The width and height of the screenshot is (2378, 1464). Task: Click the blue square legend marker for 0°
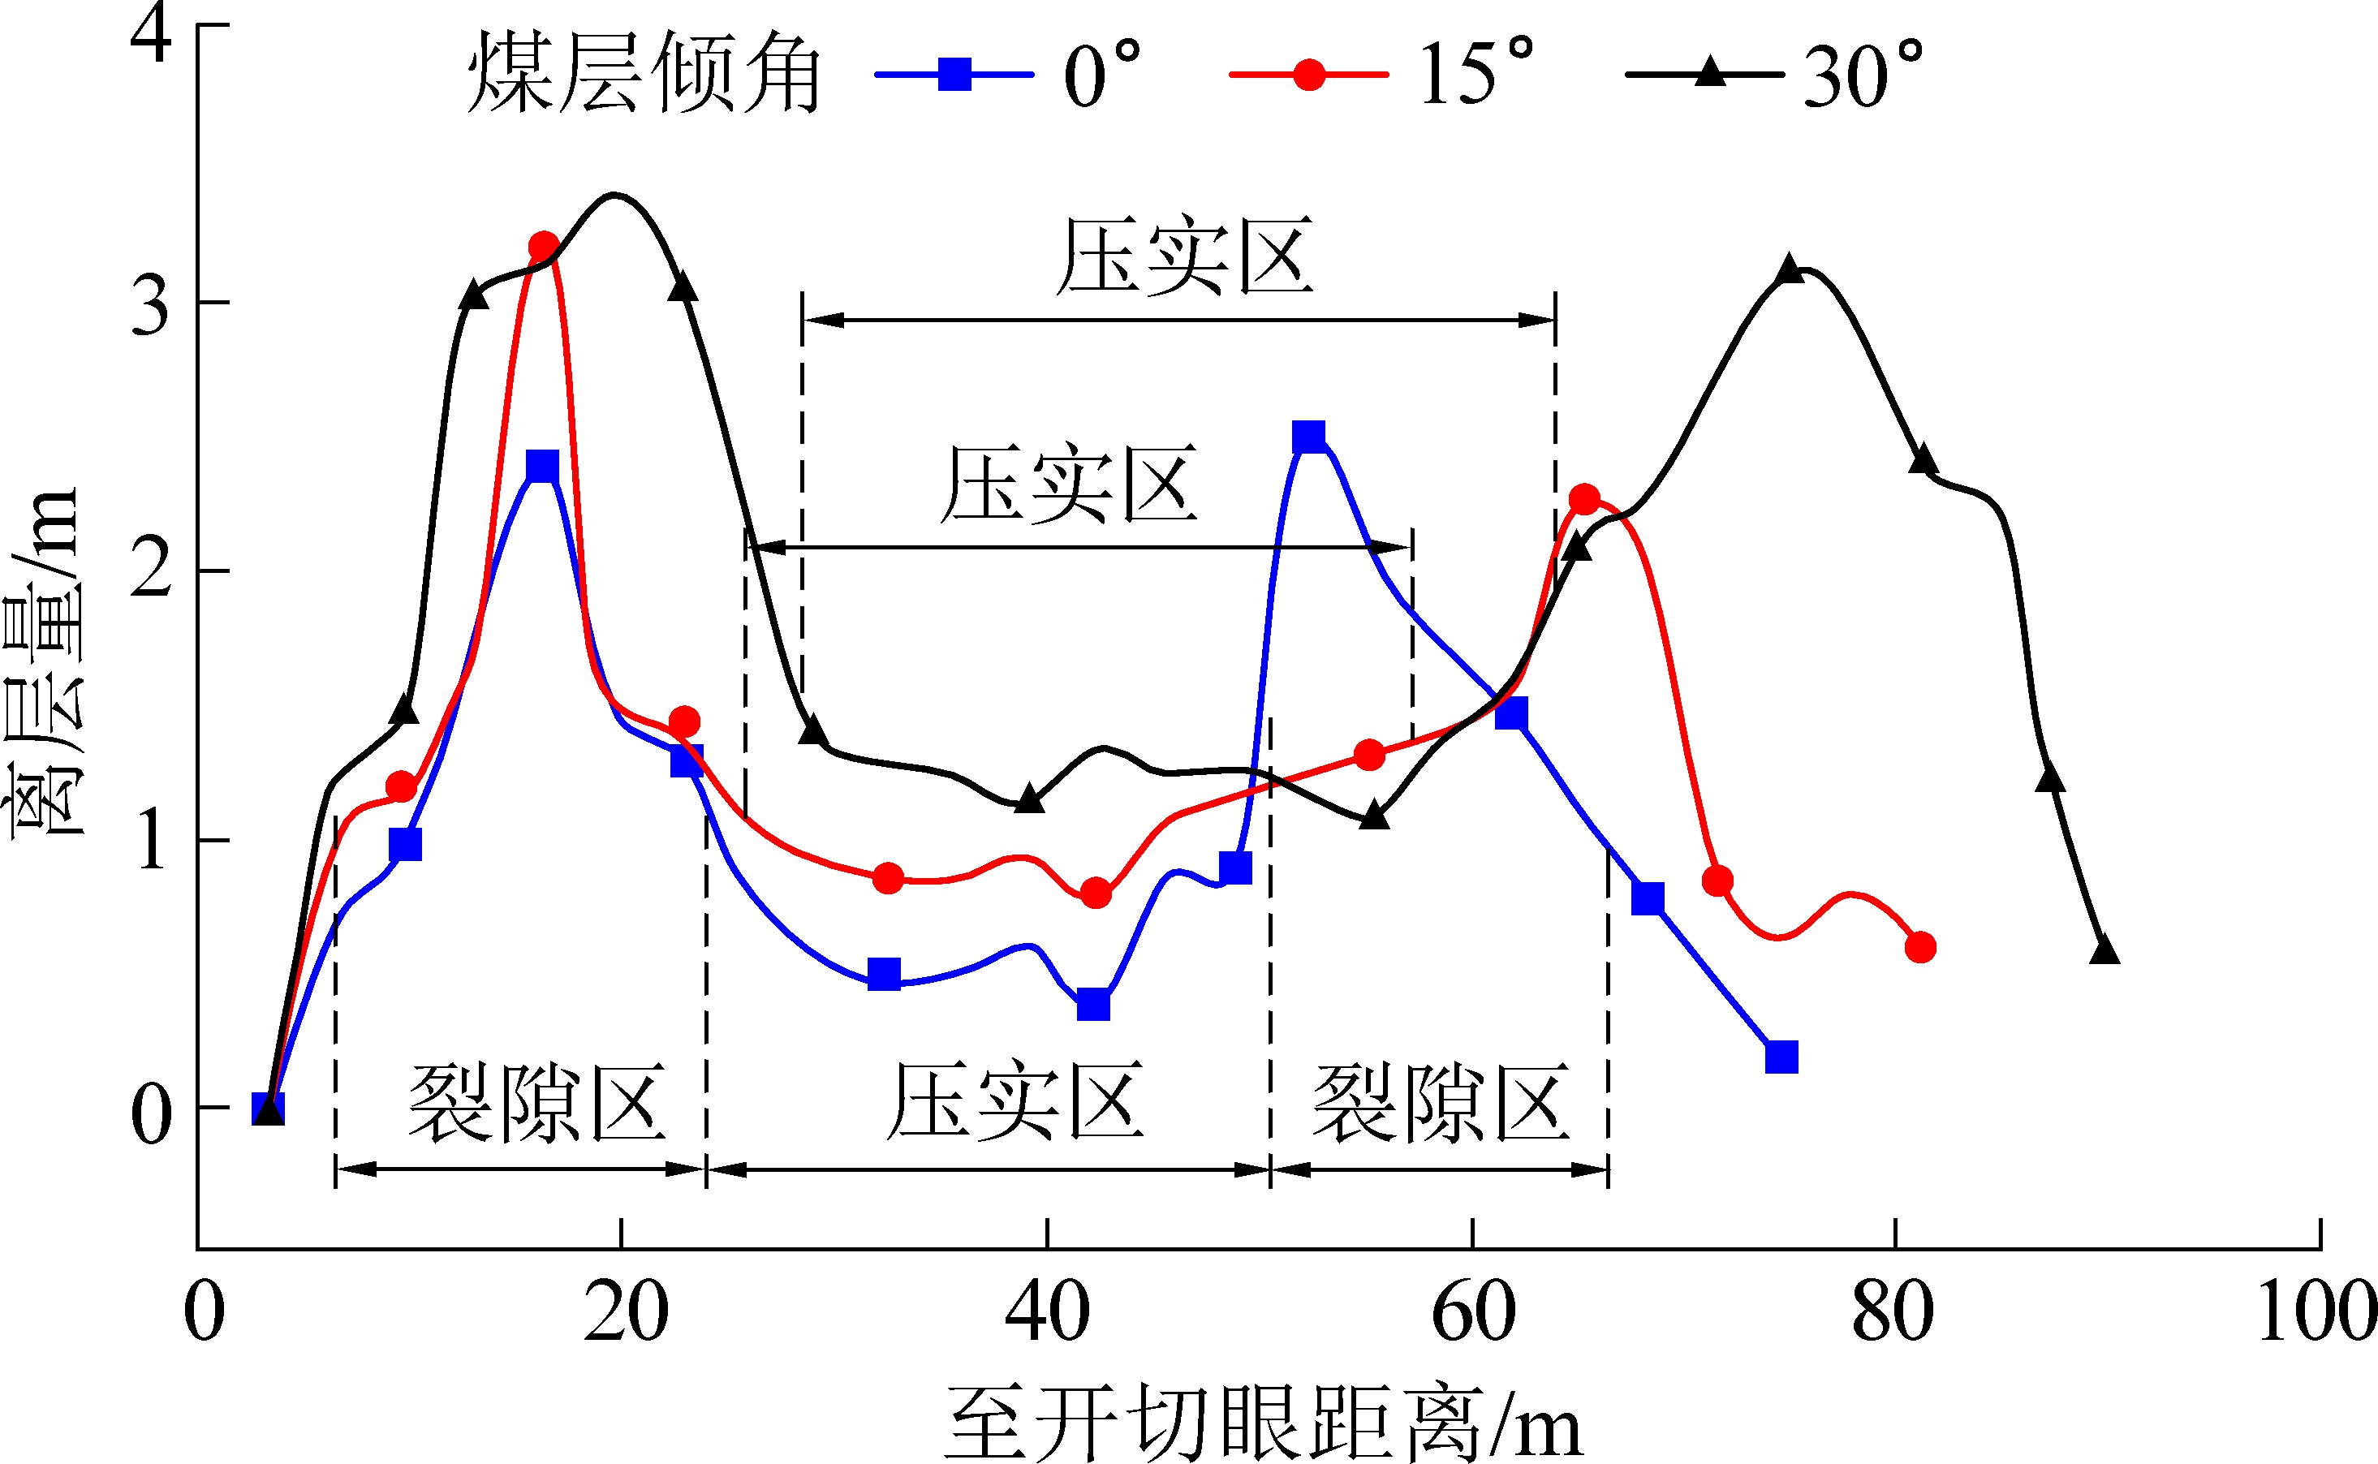(954, 75)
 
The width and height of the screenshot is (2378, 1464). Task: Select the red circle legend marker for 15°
(1309, 75)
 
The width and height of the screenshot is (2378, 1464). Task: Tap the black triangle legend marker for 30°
(1710, 72)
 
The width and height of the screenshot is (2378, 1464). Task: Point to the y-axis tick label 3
(151, 305)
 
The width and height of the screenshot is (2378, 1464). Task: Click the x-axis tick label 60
(1473, 1313)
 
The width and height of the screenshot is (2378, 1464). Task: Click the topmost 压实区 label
(1183, 256)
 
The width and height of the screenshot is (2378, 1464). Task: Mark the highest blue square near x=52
(1308, 437)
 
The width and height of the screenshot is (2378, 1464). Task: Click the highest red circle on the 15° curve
(544, 247)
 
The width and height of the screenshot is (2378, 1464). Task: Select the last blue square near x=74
(1781, 1057)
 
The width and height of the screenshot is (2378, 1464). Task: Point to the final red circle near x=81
(1920, 947)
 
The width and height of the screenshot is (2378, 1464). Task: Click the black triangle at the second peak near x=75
(1790, 269)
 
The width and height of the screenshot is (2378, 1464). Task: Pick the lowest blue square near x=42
(1093, 1005)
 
